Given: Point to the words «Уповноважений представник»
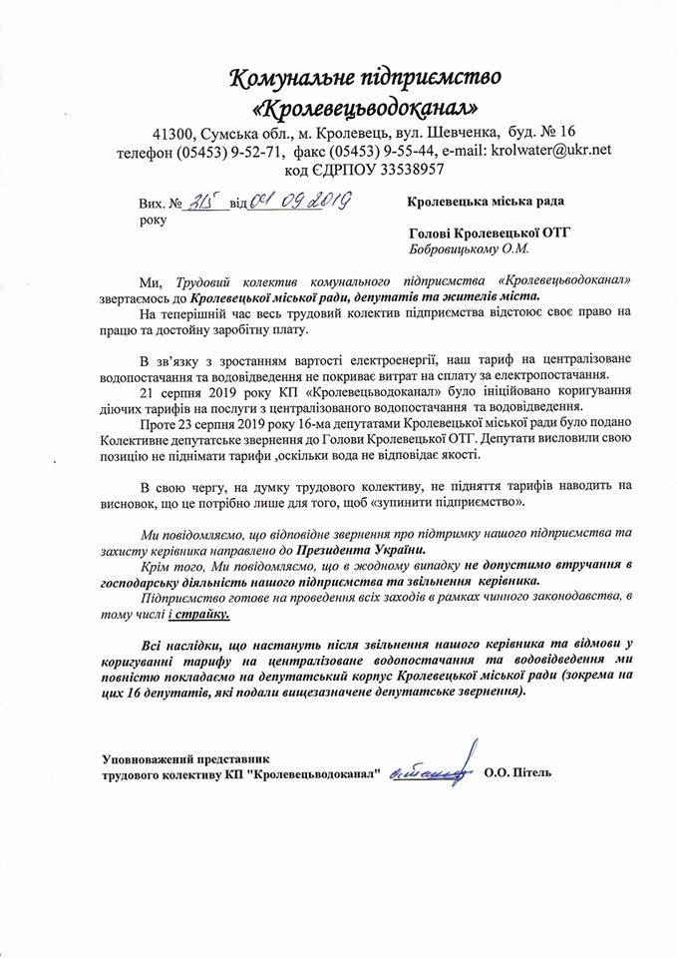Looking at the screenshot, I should pos(185,756).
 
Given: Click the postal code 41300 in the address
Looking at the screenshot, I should pos(175,133).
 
